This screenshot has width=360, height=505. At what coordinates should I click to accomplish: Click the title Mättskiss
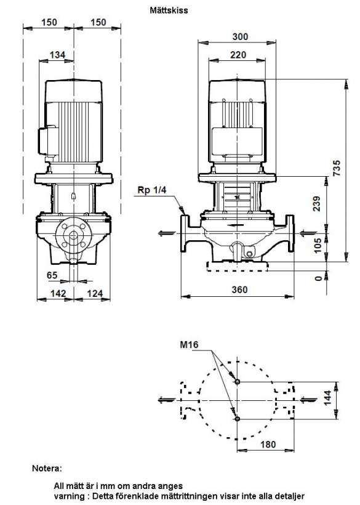point(169,10)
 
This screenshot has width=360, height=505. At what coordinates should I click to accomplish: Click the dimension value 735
point(336,168)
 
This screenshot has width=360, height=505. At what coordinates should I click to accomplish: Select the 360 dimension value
point(239,289)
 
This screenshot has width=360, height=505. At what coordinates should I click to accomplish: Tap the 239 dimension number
point(317,204)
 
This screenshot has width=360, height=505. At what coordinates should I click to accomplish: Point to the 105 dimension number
point(318,245)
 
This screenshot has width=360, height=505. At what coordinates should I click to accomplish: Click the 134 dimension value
point(58,55)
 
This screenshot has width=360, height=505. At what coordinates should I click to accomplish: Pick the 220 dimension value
point(238,55)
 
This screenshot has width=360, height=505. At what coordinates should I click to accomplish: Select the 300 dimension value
point(241,37)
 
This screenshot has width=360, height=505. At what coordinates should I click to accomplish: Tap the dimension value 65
point(52,275)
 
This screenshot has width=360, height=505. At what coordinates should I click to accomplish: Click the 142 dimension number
point(58,293)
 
